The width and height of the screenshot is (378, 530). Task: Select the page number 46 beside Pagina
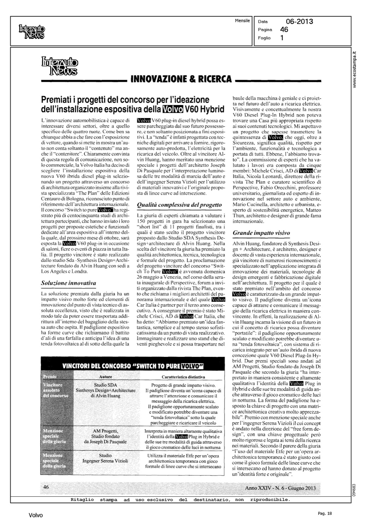point(284,30)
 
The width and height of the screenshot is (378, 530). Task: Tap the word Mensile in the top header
point(242,21)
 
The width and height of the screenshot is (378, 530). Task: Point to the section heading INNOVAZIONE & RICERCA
point(181,79)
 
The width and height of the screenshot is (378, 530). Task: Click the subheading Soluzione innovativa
point(69,283)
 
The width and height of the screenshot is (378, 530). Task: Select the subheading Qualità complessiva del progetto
point(179,205)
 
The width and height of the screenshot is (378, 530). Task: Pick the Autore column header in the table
point(106,377)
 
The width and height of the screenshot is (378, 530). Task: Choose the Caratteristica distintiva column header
point(184,377)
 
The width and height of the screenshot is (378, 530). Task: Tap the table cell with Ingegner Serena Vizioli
point(105,458)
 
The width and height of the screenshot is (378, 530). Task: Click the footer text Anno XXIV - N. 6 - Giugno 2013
point(280,488)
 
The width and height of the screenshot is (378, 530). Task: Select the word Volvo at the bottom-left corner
point(36,516)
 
